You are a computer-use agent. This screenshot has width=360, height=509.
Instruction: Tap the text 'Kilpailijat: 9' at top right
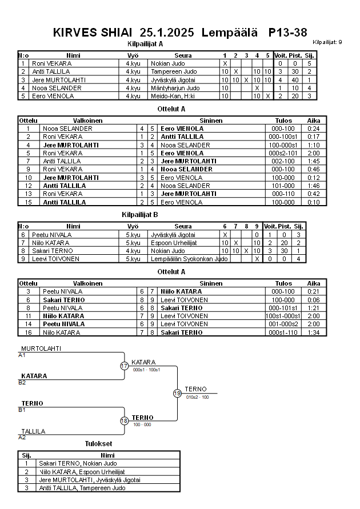(x=327, y=42)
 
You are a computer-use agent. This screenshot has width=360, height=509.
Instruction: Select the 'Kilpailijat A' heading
(x=145, y=43)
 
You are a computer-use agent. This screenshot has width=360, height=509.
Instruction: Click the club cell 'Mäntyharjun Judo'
(x=175, y=88)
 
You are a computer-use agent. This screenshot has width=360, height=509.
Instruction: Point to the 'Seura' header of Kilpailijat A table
(x=183, y=55)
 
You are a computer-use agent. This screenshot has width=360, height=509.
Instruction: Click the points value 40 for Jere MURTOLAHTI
(x=295, y=80)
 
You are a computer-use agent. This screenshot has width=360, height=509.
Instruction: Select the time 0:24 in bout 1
(x=314, y=129)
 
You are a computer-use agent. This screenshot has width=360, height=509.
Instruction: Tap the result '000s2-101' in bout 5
(x=283, y=153)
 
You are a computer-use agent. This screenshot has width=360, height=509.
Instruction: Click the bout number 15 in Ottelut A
(x=28, y=202)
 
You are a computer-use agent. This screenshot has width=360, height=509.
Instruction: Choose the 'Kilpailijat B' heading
(x=140, y=214)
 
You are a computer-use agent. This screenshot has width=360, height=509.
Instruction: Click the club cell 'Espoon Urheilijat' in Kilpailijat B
(x=174, y=243)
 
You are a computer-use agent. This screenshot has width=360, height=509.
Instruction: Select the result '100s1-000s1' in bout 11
(x=283, y=316)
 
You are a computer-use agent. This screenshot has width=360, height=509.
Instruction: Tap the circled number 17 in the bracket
(x=125, y=366)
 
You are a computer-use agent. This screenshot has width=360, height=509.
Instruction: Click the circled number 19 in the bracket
(x=177, y=393)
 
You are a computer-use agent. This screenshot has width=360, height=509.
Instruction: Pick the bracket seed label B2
(x=22, y=382)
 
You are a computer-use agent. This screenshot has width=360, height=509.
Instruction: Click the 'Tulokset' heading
(x=98, y=444)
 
